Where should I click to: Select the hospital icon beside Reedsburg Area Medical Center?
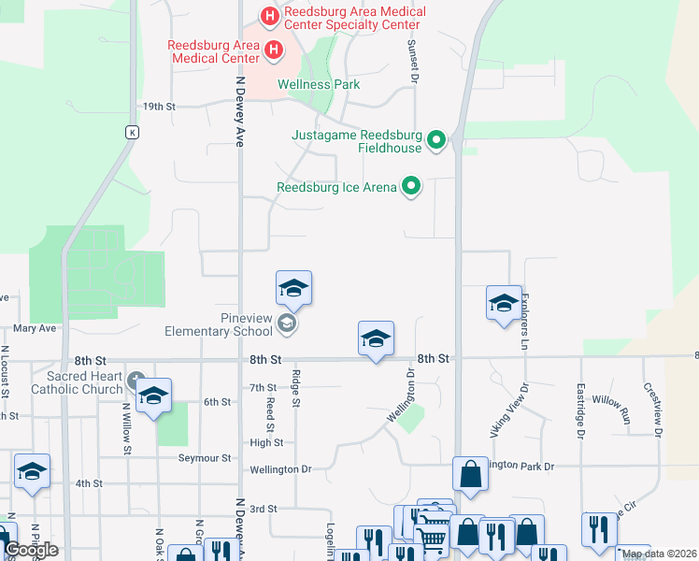tap(273, 50)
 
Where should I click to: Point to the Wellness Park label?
tap(319, 84)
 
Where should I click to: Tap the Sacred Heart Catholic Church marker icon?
tap(136, 381)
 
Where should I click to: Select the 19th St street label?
tap(159, 107)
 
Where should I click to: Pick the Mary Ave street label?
tap(35, 329)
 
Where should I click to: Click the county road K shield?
tap(134, 132)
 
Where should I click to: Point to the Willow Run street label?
tap(611, 411)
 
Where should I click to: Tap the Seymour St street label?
tap(206, 458)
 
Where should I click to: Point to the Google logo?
tap(31, 550)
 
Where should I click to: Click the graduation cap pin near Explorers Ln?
tap(504, 303)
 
